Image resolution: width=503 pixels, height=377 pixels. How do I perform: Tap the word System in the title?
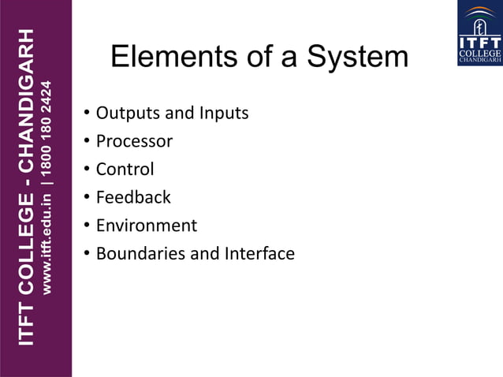(358, 57)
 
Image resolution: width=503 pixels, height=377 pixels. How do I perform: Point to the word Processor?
(134, 142)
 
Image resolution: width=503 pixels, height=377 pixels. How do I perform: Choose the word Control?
(125, 170)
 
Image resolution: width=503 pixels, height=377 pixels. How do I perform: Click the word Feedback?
(133, 197)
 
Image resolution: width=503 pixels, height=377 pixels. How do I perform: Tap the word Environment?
(147, 226)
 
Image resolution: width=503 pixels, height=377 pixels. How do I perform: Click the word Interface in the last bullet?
(259, 254)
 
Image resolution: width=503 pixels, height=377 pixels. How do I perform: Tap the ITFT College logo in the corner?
(479, 32)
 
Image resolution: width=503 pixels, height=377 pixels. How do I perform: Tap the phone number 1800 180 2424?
(48, 129)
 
